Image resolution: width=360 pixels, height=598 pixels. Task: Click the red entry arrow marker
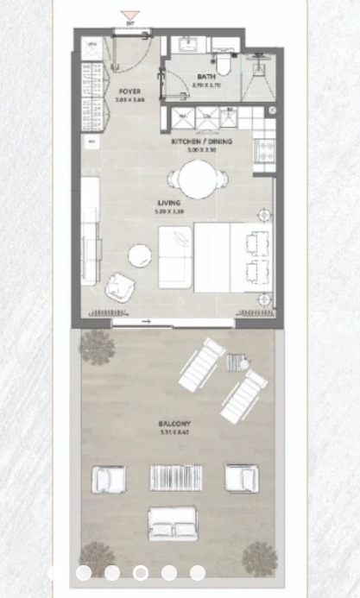[x=129, y=16]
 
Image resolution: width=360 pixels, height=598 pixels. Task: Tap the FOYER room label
[x=129, y=91]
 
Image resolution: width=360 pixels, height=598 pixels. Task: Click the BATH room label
[x=206, y=76]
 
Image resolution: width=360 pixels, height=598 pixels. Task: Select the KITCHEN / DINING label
[x=199, y=141]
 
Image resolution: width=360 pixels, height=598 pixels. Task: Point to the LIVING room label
[x=169, y=203]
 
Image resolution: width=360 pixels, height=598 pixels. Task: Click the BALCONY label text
[x=174, y=424]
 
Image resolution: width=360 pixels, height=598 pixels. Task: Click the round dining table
[x=198, y=180]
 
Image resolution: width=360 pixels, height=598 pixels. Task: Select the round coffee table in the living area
[x=140, y=256]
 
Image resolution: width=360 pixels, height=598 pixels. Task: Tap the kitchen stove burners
[x=264, y=148]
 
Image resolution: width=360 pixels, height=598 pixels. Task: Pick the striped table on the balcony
[x=175, y=477]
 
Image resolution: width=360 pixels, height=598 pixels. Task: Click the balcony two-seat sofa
[x=174, y=523]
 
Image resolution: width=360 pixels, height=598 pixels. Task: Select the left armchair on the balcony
[x=110, y=478]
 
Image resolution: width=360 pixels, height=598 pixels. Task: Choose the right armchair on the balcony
[x=241, y=477]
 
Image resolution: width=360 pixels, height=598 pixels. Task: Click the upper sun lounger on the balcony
[x=202, y=363]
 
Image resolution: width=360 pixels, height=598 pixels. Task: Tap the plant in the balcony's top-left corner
[x=97, y=347]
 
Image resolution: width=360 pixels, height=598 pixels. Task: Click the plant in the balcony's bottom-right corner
[x=258, y=558]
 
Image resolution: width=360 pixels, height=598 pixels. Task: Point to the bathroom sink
[x=185, y=45]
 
